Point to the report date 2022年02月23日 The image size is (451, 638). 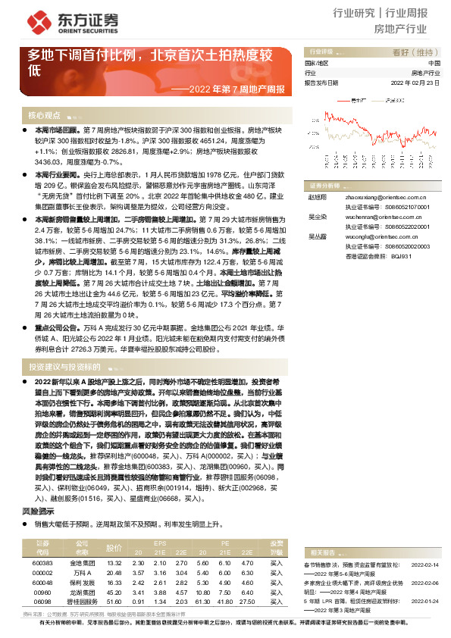coord(415,83)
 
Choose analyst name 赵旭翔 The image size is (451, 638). coord(316,195)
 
